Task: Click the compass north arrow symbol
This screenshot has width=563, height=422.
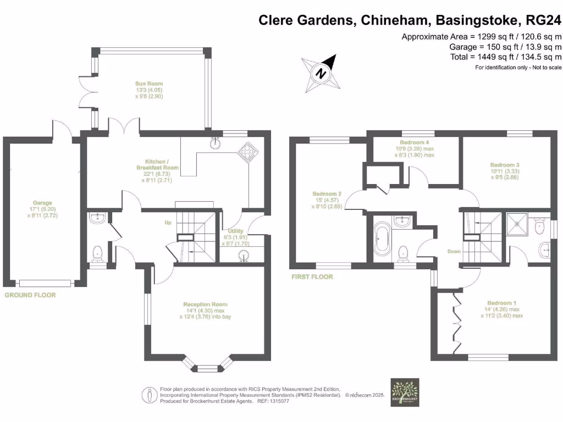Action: pos(321,71)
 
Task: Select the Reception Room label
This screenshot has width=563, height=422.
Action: pos(205,304)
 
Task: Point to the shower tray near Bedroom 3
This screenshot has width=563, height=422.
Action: pos(517,224)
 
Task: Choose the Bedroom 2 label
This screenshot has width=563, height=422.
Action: pos(327,194)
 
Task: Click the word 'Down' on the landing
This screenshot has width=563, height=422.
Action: pos(454,252)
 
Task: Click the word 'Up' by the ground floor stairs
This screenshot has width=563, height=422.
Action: pos(169,223)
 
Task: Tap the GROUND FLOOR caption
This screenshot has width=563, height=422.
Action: pos(30,295)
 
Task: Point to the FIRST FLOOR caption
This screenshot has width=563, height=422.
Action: pos(312,277)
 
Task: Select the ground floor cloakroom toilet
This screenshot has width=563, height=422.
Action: pos(98,253)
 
